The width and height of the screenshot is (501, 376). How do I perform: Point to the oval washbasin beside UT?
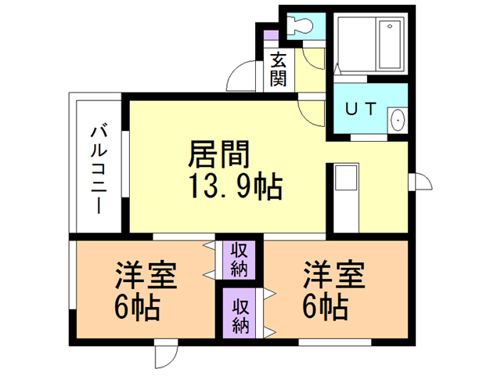pos(397,121)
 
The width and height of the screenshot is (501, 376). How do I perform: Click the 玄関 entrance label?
pos(278,69)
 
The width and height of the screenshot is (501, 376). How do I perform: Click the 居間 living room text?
pos(218,155)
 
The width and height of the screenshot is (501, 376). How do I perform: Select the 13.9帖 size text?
pos(235,188)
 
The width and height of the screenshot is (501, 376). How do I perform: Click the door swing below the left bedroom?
pos(166,355)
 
